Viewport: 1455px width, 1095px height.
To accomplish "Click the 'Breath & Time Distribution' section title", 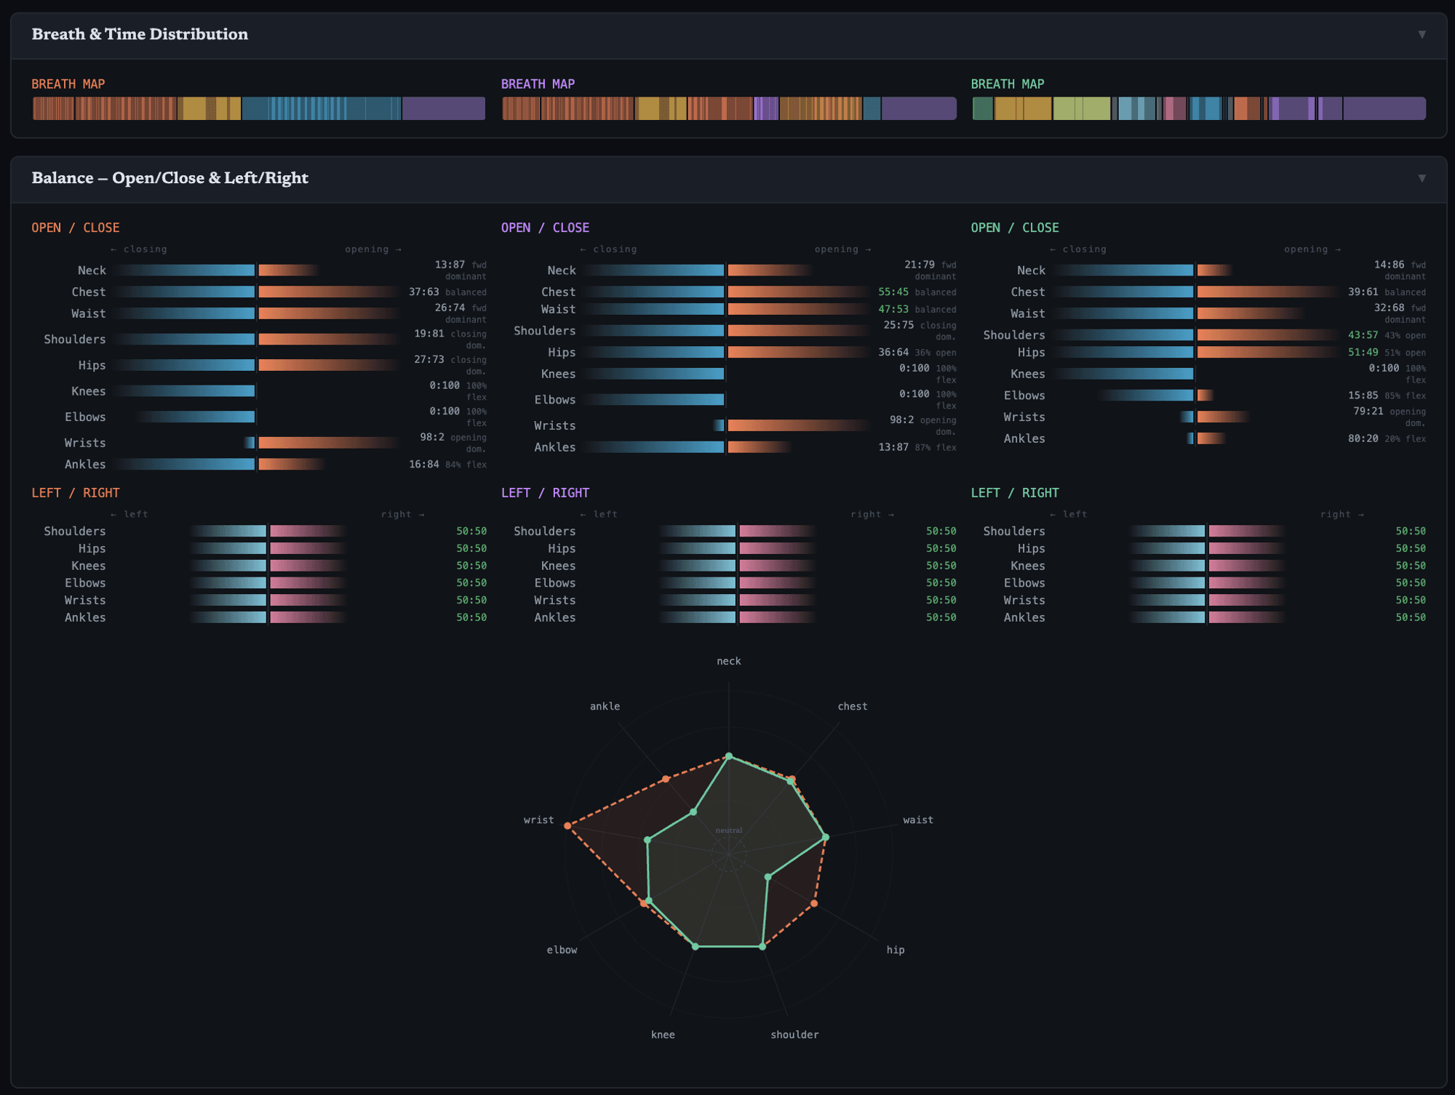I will click(x=140, y=34).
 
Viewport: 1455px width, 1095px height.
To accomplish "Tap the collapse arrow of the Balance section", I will click(x=1422, y=178).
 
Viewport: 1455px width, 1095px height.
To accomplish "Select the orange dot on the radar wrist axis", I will click(x=567, y=826).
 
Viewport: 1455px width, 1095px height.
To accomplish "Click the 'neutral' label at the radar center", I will click(x=729, y=830).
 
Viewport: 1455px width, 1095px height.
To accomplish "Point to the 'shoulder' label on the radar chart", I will click(x=794, y=1035).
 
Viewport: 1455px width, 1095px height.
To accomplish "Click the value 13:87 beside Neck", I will click(x=450, y=265).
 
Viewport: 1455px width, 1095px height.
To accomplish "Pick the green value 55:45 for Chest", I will click(x=893, y=292).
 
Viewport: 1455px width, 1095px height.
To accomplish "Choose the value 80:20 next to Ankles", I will click(x=1363, y=438).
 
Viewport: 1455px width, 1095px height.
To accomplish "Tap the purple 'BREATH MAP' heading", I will click(x=538, y=84).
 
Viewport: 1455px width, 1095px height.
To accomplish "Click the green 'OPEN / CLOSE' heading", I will click(x=1014, y=228).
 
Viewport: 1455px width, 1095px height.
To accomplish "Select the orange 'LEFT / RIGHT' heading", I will click(x=75, y=493).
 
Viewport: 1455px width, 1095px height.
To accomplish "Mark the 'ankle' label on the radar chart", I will click(x=605, y=706).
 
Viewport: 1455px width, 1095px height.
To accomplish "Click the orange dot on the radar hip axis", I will click(x=814, y=904).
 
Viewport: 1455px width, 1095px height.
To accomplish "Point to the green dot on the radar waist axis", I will click(x=825, y=838).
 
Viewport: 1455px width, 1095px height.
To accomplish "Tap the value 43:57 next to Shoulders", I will click(x=1363, y=335).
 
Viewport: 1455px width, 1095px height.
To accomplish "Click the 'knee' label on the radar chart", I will click(x=663, y=1035).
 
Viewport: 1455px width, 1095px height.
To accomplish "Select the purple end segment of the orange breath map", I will click(x=444, y=108).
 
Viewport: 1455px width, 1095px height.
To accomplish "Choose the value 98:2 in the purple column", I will click(x=901, y=420).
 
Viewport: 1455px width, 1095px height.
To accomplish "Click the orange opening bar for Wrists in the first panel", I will click(x=327, y=443).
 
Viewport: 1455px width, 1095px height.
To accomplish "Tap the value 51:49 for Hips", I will click(x=1363, y=352).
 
